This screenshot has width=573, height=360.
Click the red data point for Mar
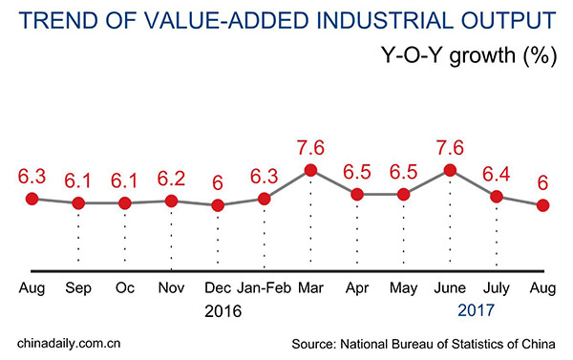tap(310, 171)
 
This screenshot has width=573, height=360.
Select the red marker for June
tap(450, 171)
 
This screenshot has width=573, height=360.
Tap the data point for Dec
tap(218, 205)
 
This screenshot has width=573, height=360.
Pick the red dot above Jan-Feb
tap(264, 199)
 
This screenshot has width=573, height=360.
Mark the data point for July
tap(497, 197)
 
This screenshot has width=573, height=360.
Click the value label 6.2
tap(171, 178)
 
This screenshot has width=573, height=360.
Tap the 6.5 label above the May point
tap(403, 172)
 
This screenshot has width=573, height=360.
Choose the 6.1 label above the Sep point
tap(78, 180)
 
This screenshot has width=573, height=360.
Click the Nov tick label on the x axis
tap(171, 286)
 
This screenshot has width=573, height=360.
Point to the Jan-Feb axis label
tap(264, 286)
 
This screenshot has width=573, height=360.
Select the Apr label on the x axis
tap(356, 286)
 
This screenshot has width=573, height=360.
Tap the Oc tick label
tap(124, 286)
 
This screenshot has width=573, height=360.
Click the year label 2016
tap(223, 311)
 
